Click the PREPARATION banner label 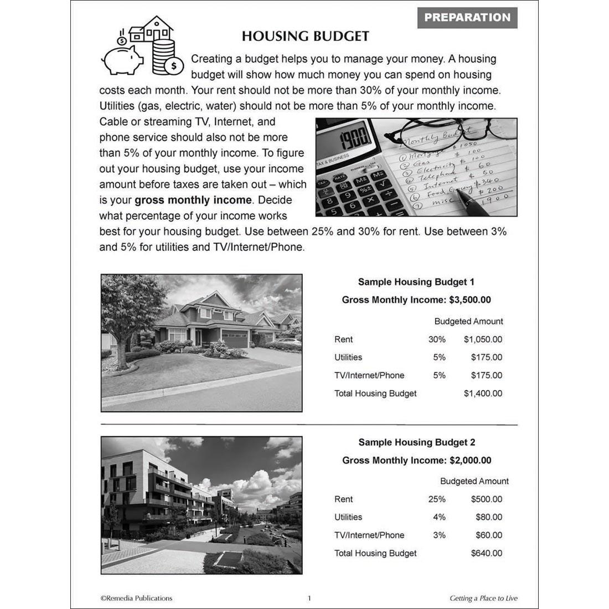[x=467, y=18]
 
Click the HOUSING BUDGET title [x=305, y=37]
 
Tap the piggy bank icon [x=123, y=59]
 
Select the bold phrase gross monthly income [x=193, y=200]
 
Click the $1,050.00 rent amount [x=483, y=339]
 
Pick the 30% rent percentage [x=436, y=339]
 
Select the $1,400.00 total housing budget [x=483, y=394]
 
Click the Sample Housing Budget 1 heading [x=416, y=282]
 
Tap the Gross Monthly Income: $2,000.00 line [x=416, y=460]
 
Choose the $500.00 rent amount [x=486, y=499]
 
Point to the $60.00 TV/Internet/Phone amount [x=488, y=535]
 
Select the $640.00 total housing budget [x=486, y=553]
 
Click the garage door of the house [x=234, y=338]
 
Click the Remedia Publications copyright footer [x=136, y=598]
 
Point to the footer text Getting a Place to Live [x=483, y=598]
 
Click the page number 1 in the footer [x=309, y=598]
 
